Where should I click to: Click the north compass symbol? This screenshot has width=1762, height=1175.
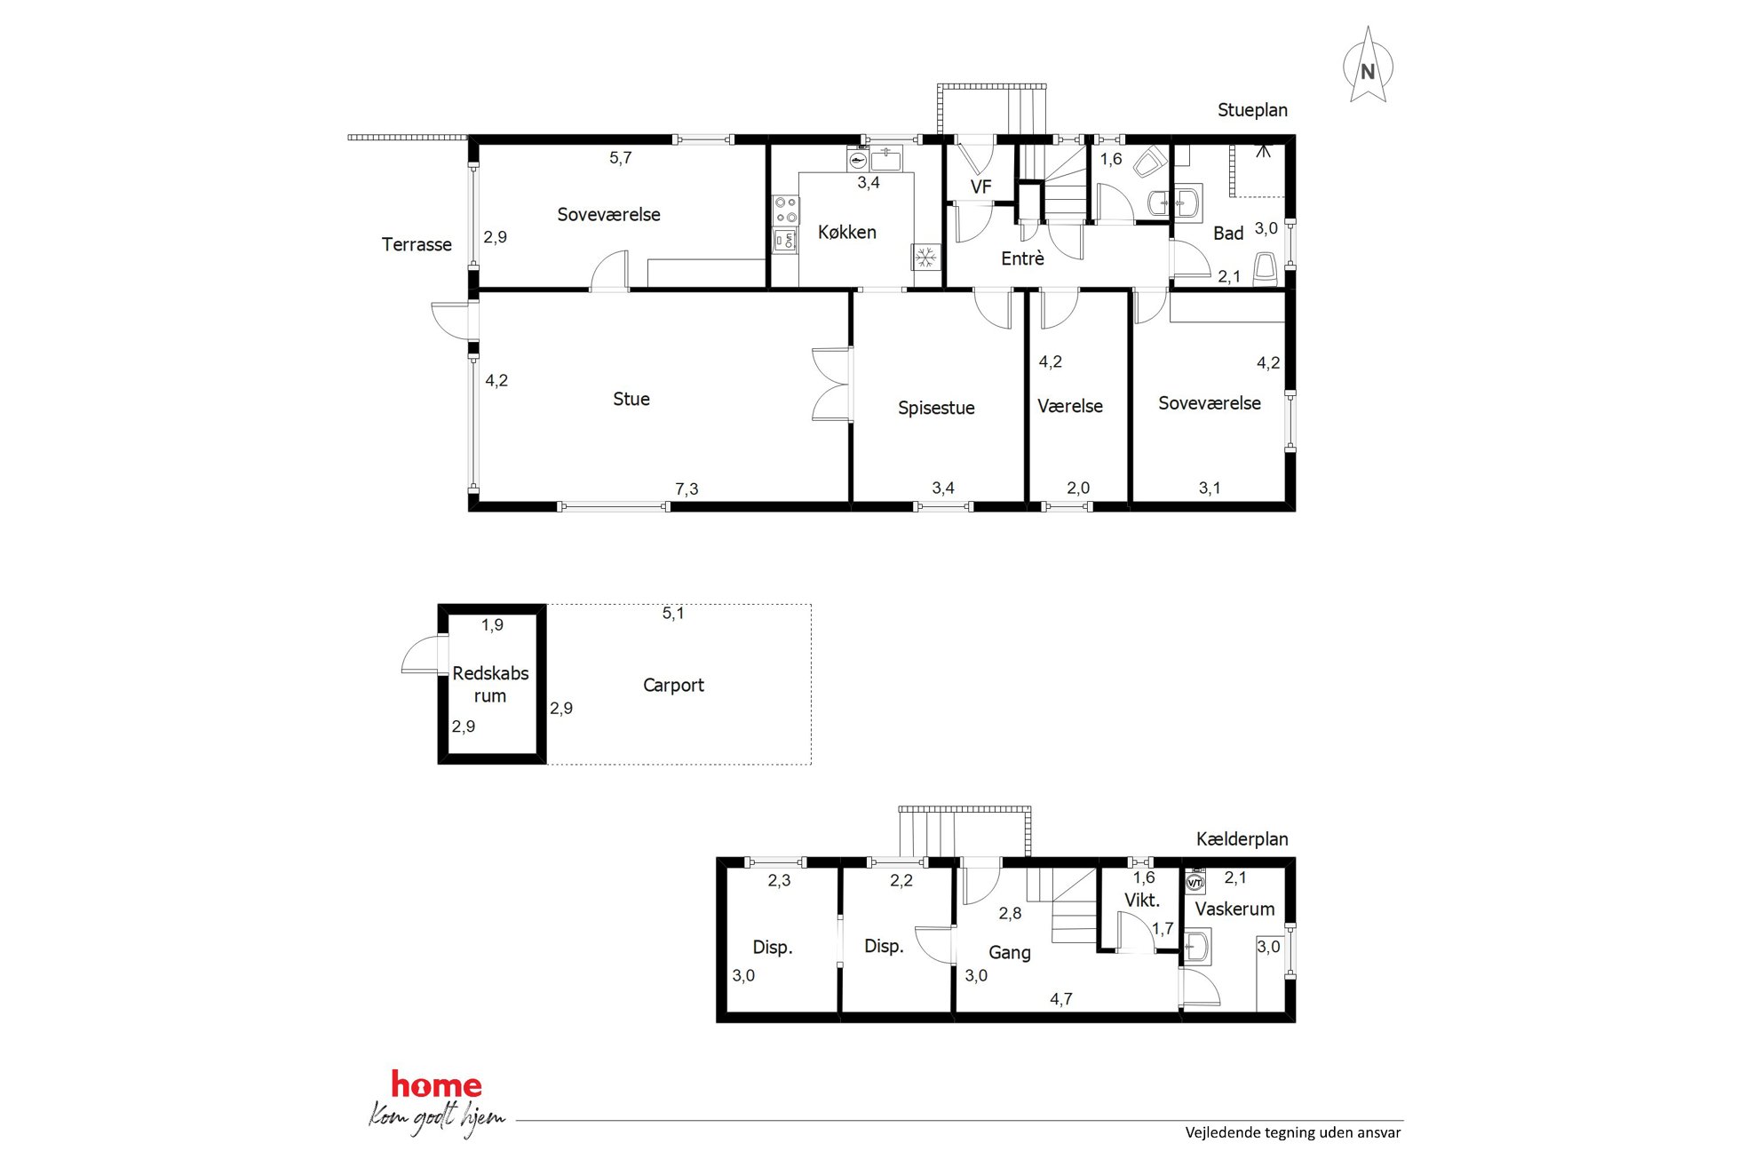[1368, 66]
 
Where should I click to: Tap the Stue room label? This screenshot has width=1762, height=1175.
[631, 400]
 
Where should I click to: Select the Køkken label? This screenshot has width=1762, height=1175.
[847, 233]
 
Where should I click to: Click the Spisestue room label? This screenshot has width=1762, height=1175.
[936, 409]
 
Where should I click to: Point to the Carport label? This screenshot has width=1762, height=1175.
[673, 686]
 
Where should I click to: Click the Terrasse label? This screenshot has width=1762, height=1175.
[417, 245]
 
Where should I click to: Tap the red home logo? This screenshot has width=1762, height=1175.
[436, 1084]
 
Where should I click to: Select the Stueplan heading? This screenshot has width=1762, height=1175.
[1252, 110]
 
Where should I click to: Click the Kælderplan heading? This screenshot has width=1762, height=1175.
[1242, 839]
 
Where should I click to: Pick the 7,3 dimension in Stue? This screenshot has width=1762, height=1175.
[687, 489]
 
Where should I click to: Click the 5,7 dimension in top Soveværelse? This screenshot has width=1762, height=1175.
[621, 158]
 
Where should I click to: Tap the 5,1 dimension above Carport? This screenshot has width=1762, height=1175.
[673, 614]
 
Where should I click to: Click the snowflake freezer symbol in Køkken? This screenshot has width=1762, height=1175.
[925, 258]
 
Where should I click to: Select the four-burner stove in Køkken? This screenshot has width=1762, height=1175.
[785, 210]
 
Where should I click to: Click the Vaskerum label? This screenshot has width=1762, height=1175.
[1234, 909]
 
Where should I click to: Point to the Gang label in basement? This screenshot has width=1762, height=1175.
[1010, 953]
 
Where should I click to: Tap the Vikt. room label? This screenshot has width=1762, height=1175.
[1142, 901]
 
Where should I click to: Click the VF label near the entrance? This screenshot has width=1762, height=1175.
[980, 187]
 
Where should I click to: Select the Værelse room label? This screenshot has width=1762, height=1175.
[1070, 407]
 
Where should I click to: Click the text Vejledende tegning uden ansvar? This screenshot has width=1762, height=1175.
[1293, 1132]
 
